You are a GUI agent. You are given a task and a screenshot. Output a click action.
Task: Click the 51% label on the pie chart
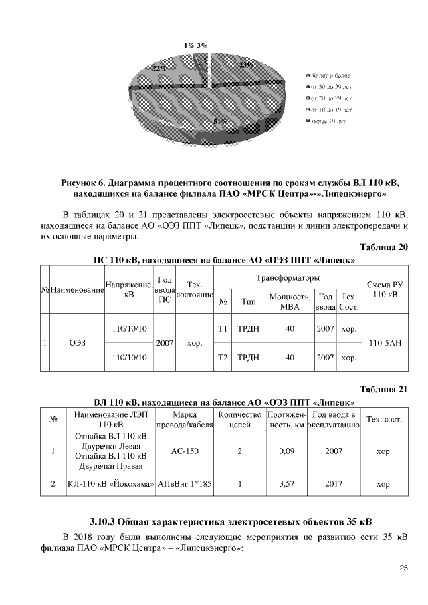pyautogui.click(x=220, y=122)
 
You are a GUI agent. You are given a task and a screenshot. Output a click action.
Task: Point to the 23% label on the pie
pyautogui.click(x=245, y=65)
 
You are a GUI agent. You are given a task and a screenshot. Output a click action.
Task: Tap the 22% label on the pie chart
pyautogui.click(x=159, y=68)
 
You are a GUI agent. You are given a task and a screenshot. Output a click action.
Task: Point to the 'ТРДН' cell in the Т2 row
pyautogui.click(x=248, y=358)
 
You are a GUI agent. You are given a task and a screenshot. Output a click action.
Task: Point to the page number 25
pyautogui.click(x=403, y=568)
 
